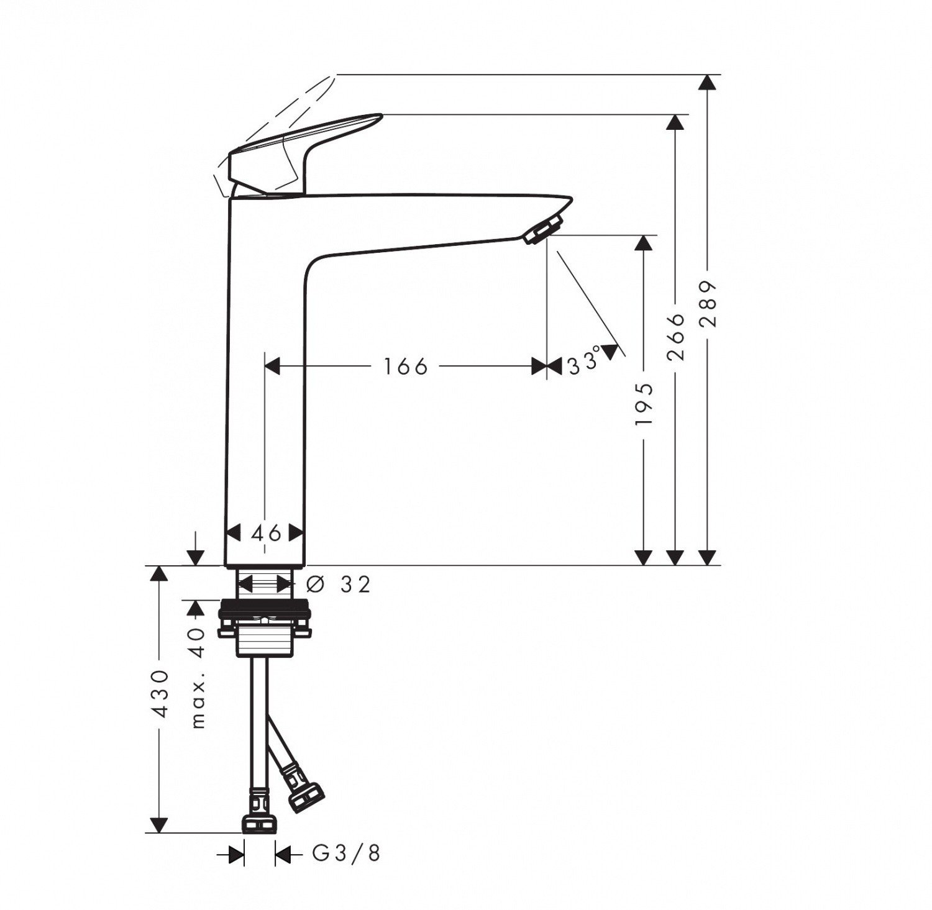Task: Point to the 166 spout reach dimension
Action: (405, 366)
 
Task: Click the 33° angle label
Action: (585, 362)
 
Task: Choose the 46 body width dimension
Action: (266, 532)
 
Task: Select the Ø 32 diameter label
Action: (339, 584)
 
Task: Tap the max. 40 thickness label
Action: (198, 676)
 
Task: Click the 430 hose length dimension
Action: (160, 693)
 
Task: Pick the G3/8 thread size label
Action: (346, 854)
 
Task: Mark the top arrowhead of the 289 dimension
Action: (706, 83)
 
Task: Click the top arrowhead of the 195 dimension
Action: (644, 243)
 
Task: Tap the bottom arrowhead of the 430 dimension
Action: (160, 824)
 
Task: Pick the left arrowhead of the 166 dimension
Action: (273, 366)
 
